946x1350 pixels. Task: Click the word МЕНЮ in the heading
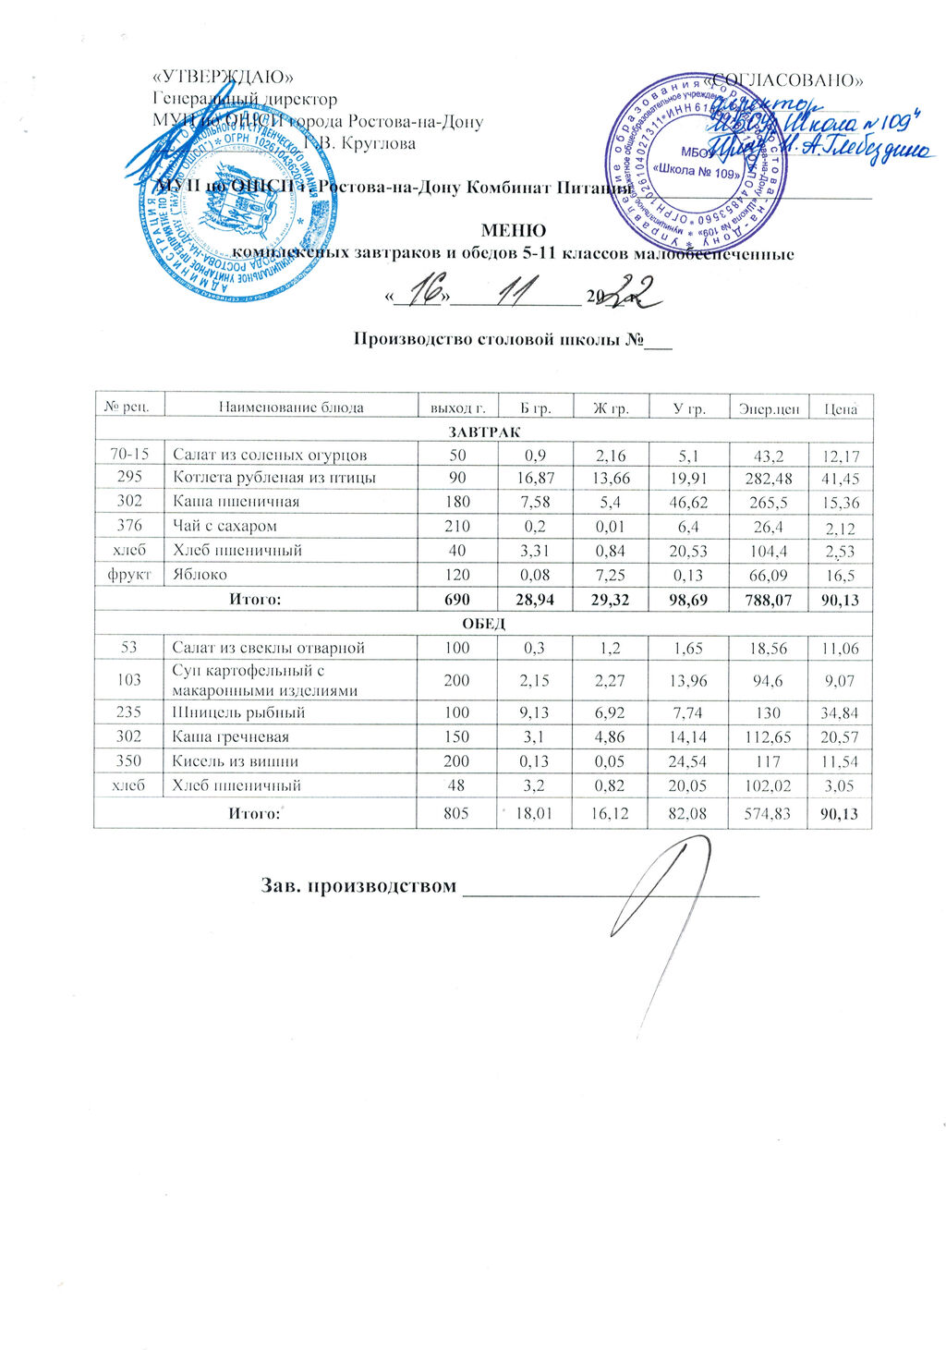point(513,230)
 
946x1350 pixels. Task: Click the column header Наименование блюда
point(291,407)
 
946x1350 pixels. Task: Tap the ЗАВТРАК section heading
point(484,432)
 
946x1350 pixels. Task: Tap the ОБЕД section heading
point(484,624)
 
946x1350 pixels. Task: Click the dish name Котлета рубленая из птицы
point(274,478)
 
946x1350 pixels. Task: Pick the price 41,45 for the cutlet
point(840,479)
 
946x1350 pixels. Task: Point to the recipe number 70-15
point(129,454)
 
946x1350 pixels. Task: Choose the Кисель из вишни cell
point(236,761)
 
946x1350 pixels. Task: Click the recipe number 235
point(129,712)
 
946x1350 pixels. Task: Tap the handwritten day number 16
point(424,293)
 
